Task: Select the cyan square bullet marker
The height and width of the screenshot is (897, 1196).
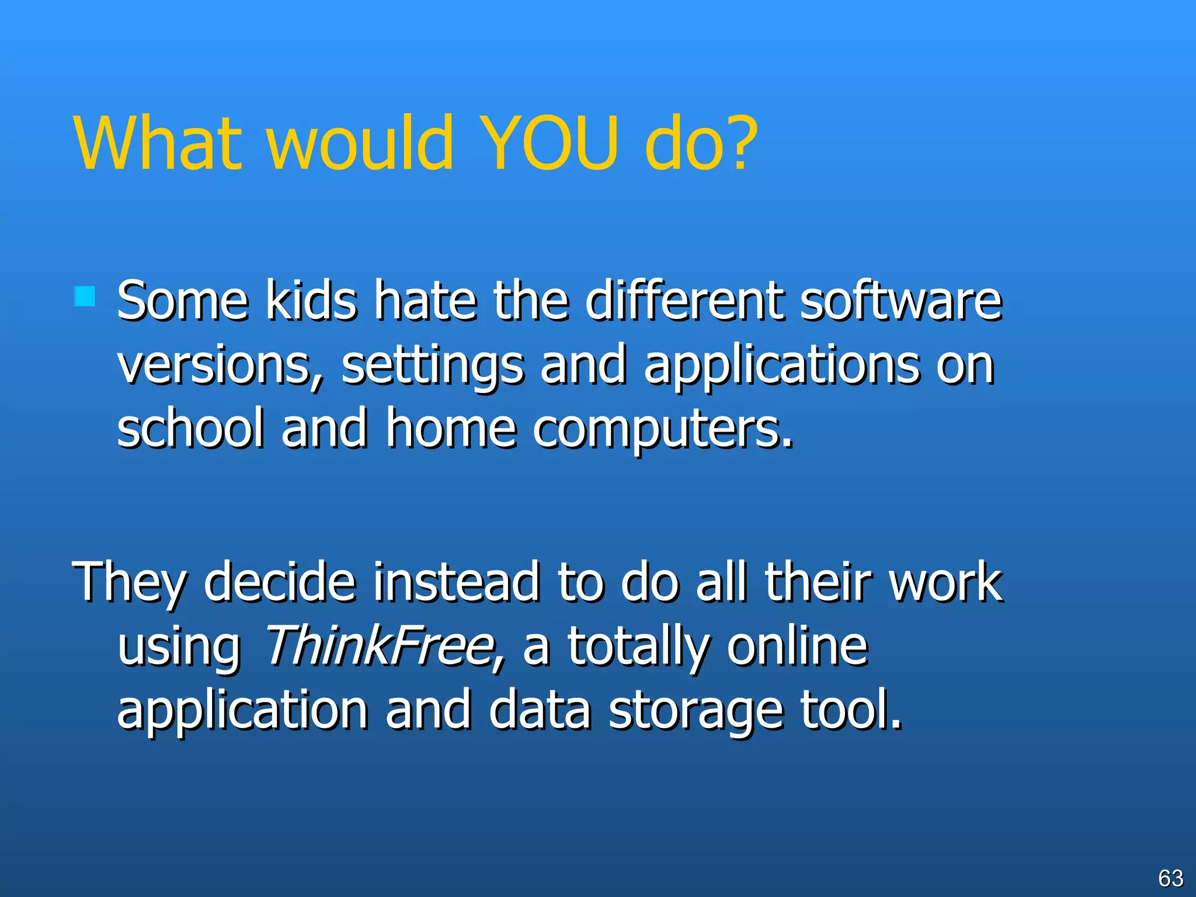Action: (x=85, y=296)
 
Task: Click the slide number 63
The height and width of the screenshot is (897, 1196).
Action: (x=1170, y=878)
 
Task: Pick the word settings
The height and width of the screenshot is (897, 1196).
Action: (x=432, y=367)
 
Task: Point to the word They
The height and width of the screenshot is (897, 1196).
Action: (x=129, y=583)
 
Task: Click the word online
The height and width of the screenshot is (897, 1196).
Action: (x=797, y=646)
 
